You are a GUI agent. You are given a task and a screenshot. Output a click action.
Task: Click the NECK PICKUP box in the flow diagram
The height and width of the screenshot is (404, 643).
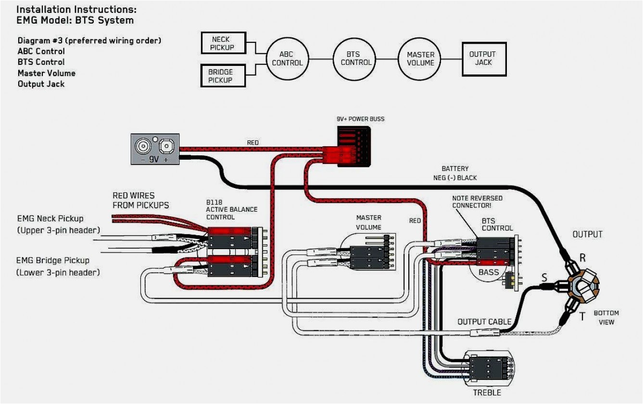[223, 43]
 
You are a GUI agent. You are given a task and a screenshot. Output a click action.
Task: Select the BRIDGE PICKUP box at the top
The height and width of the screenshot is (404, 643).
[222, 76]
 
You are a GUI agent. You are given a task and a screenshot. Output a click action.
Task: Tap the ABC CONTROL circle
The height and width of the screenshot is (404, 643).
[287, 59]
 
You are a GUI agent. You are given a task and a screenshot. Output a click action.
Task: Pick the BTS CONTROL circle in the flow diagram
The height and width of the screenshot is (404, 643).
[355, 59]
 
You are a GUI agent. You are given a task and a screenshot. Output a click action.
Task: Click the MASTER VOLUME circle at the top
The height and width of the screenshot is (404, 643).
[420, 59]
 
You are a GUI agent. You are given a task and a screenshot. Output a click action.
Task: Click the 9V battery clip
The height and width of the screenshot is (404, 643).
[155, 149]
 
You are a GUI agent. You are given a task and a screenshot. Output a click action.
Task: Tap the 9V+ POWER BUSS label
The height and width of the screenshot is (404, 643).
[360, 119]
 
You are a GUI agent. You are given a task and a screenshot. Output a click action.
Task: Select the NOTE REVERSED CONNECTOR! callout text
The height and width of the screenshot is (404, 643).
[477, 202]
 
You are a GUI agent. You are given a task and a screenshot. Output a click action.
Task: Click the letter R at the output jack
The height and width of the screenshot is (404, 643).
[582, 258]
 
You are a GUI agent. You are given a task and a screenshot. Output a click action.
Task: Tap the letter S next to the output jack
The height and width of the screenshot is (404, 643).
[544, 278]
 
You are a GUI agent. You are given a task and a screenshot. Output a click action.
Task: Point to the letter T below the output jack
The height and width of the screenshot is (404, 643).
[582, 316]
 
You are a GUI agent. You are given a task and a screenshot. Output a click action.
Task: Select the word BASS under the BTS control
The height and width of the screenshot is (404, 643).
[488, 272]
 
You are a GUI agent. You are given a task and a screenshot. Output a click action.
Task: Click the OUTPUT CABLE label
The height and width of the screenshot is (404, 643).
[484, 322]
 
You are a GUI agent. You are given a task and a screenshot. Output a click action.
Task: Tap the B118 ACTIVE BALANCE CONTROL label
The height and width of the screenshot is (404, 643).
[232, 210]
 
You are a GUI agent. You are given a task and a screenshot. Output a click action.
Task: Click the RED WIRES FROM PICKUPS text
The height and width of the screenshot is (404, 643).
[140, 200]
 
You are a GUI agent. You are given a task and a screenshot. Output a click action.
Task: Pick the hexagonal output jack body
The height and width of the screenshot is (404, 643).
[583, 286]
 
